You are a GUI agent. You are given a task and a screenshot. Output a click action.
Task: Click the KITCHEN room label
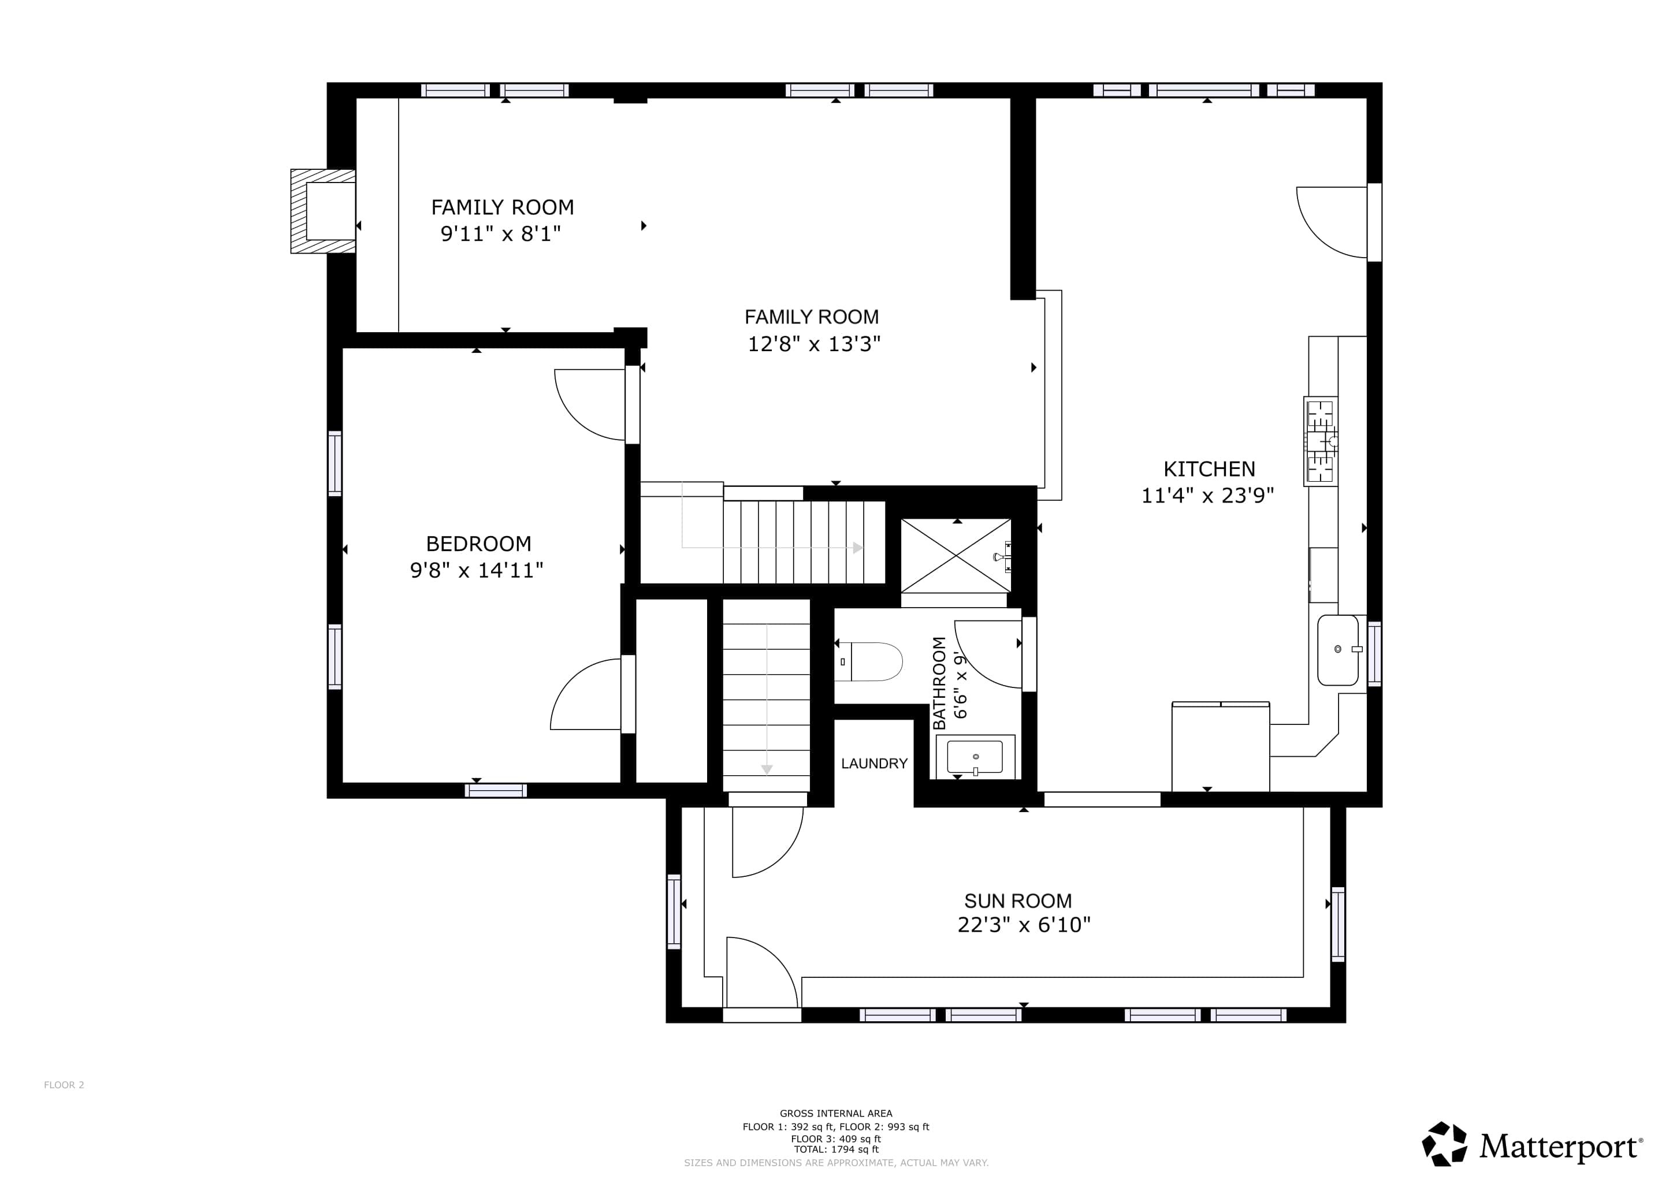(1209, 469)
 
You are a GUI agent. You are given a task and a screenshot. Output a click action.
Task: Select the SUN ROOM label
(1018, 901)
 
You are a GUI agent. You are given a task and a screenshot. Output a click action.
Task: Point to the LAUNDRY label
(873, 764)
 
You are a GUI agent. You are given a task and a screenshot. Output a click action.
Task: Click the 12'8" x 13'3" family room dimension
(814, 344)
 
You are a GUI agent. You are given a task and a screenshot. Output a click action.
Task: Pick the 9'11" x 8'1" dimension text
(501, 234)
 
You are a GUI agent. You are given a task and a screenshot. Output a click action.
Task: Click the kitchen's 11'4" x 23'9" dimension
(1207, 496)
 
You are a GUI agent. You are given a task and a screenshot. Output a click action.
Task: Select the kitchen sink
(1339, 650)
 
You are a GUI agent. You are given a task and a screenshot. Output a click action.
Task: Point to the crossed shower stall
(956, 555)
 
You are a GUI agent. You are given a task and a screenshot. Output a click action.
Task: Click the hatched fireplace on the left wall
(323, 211)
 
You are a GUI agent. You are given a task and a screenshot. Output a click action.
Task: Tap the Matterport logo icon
(1445, 1144)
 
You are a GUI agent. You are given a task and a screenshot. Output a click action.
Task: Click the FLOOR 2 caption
(64, 1085)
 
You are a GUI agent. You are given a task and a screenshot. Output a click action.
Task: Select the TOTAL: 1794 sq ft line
(836, 1149)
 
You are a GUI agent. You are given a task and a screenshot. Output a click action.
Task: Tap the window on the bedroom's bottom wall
(496, 790)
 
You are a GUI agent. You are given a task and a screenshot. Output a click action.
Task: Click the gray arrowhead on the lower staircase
(767, 769)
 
